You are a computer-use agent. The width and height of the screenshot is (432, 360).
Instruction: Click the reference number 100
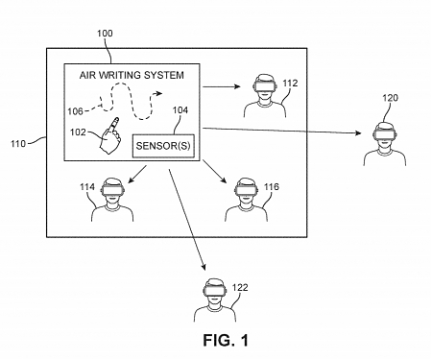[x=105, y=34]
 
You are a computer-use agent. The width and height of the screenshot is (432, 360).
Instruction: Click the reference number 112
[x=290, y=83]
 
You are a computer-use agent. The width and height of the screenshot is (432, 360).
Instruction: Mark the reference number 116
[x=272, y=186]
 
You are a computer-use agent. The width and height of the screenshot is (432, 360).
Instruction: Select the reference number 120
[x=389, y=98]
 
